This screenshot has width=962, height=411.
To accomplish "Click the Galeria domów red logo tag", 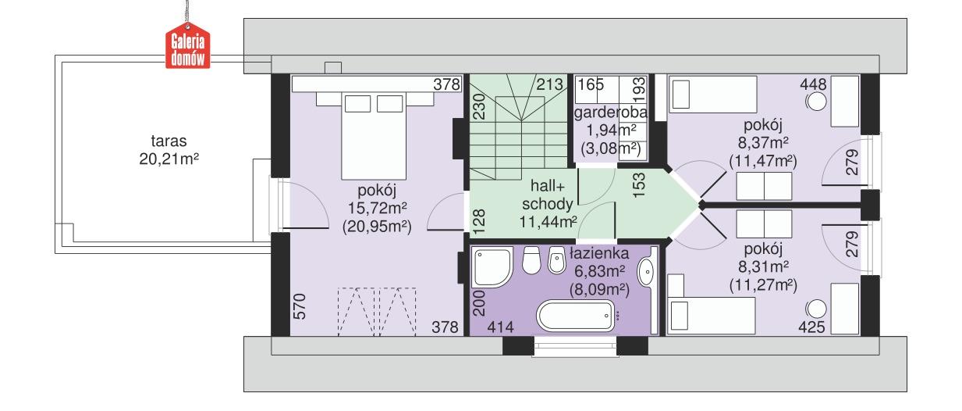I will coord(187,48).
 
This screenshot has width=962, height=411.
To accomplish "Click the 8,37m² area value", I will coord(763,143).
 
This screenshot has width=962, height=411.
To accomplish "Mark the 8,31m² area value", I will coord(762,266).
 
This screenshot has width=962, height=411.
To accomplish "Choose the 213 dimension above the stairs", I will coord(549,84).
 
